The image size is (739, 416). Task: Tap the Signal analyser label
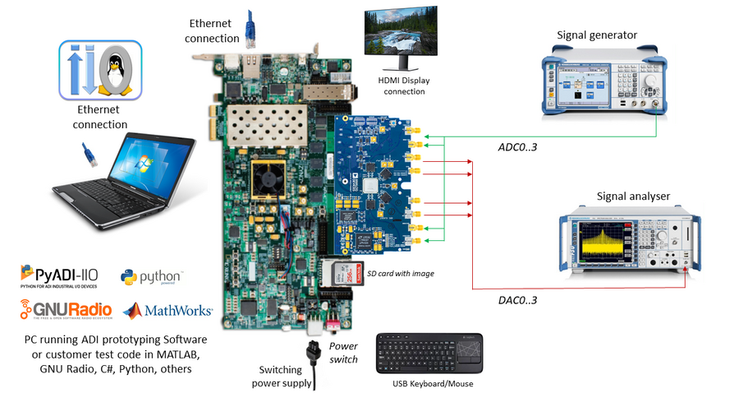[x=632, y=196]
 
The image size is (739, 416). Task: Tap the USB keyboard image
[x=429, y=354]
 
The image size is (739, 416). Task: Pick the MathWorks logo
[x=168, y=311]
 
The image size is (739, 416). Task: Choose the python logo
[x=151, y=277]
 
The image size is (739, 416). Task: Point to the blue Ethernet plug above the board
[x=255, y=33]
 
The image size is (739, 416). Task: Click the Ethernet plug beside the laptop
[x=90, y=154]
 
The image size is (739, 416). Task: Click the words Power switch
[x=344, y=353]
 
